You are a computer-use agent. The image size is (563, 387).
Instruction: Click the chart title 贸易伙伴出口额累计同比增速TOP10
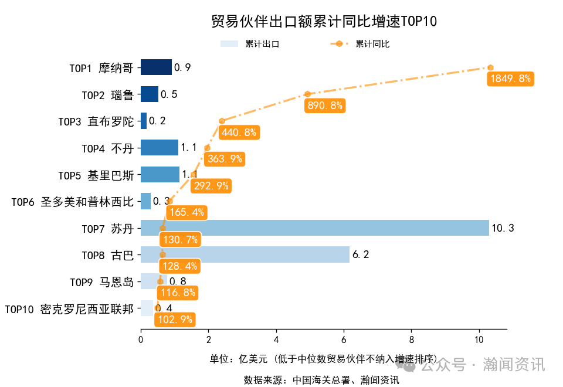coord(324,22)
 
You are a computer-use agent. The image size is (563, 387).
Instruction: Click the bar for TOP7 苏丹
coord(314,228)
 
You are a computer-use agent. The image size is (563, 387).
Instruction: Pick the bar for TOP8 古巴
coord(245,254)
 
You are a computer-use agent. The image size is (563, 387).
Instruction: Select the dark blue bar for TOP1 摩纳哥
coord(156,67)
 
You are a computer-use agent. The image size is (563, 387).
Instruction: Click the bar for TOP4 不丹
coord(159,148)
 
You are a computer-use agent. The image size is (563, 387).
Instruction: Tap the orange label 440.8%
coord(239,133)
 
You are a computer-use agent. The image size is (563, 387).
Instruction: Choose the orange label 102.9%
coord(174,320)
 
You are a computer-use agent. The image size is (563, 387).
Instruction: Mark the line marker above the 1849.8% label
coord(490,67)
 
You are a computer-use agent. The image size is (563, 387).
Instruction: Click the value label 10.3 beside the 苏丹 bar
coord(503,228)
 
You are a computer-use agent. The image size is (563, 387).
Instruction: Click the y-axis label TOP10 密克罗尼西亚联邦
coord(69,308)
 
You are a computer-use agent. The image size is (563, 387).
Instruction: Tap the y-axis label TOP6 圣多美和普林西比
coord(72,202)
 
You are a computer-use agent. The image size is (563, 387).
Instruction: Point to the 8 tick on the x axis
coord(411,338)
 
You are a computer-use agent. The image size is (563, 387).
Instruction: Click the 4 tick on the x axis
coord(276,338)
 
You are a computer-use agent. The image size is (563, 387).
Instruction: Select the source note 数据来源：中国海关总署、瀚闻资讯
coord(321,380)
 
